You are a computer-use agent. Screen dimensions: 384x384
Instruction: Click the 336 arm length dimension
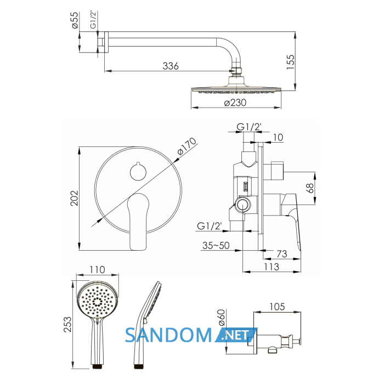coord(171,66)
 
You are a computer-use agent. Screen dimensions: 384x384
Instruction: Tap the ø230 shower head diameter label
coord(235,103)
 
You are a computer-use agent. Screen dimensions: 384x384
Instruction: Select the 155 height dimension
coord(290,62)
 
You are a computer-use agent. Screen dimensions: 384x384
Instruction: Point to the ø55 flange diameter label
coord(75,20)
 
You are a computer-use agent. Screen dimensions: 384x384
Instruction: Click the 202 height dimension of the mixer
coord(74,198)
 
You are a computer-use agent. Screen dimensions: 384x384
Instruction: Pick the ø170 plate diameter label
coord(187,146)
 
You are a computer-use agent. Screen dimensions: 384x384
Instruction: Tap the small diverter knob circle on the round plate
coord(138,172)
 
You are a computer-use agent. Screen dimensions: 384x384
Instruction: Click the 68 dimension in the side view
coord(310,188)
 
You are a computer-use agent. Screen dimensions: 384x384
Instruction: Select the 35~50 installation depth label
coord(216,245)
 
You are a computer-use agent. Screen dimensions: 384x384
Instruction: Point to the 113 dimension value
coord(272,267)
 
